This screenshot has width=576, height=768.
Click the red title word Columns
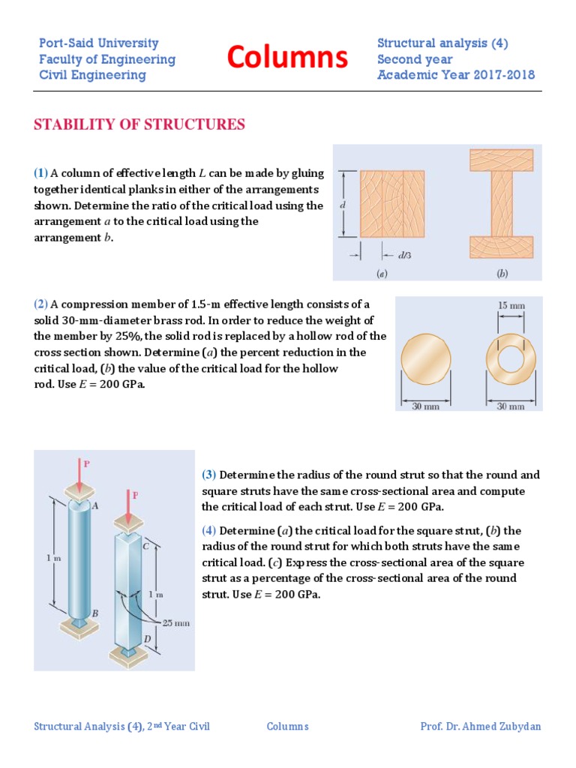pos(287,57)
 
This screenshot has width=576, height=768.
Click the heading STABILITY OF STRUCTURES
pos(139,124)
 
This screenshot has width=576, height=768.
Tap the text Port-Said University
pos(99,43)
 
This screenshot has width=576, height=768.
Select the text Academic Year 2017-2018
pos(456,75)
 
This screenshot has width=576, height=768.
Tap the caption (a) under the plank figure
pos(382,274)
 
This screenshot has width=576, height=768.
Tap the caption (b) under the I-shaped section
pos(502,274)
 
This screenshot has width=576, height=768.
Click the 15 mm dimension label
pos(511,305)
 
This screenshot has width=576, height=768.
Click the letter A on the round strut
pos(94,506)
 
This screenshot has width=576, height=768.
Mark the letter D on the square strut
pos(148,637)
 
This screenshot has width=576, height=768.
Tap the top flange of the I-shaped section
pos(501,160)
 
